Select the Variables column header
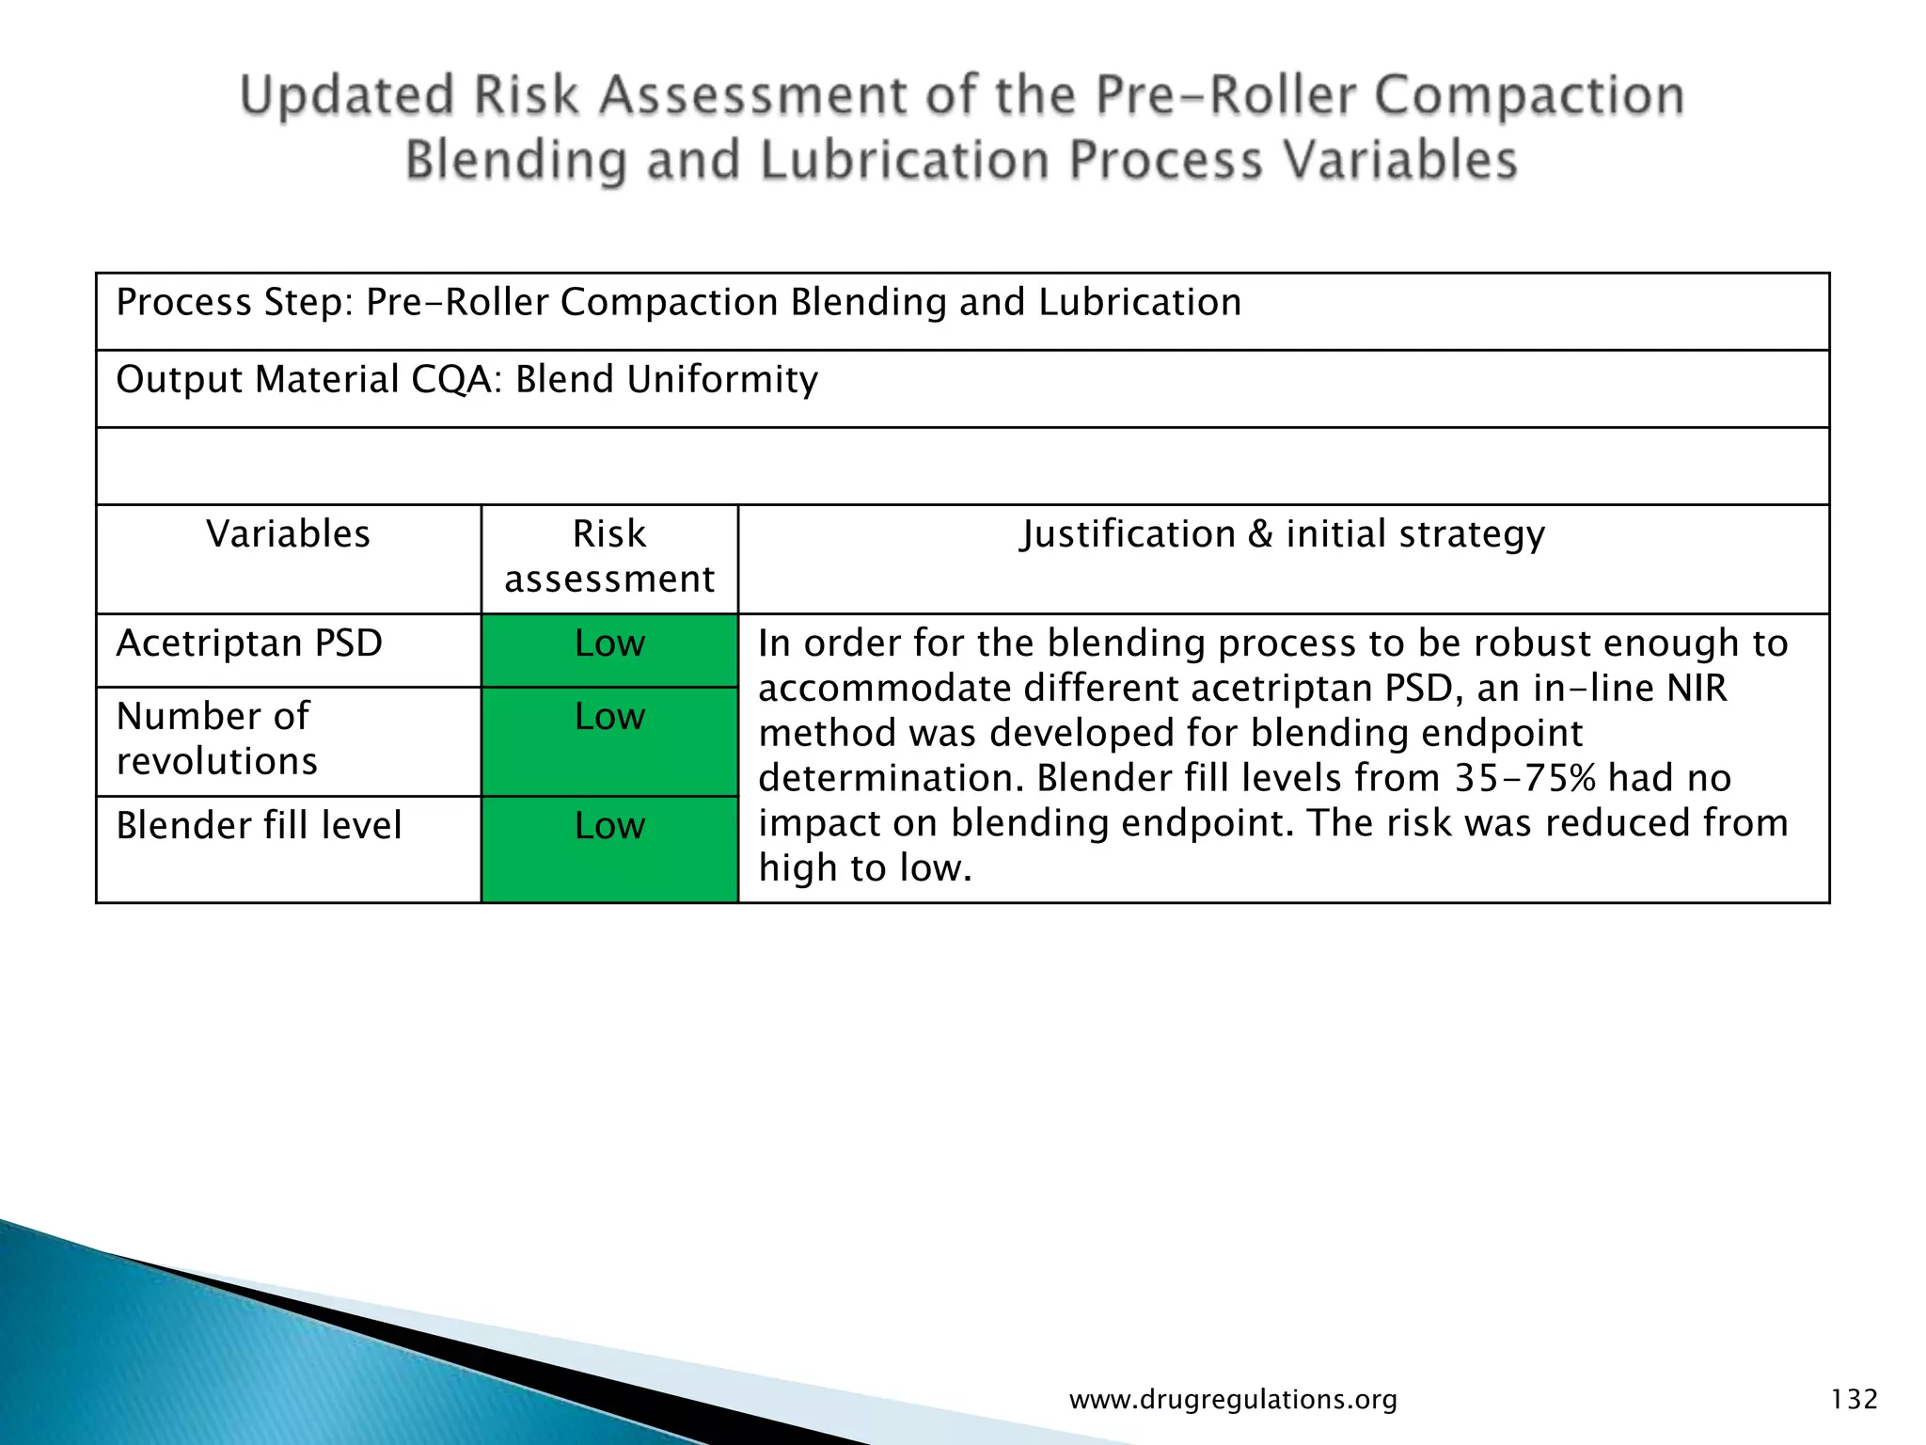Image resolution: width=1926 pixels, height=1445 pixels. [x=288, y=534]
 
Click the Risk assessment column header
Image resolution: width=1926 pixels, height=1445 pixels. [x=609, y=556]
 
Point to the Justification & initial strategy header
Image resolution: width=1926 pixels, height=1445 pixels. [x=1283, y=534]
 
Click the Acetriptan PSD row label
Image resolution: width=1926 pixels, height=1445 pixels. [x=249, y=643]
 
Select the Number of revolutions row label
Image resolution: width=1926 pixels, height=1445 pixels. [x=217, y=738]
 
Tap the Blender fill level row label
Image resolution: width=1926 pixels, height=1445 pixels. [x=259, y=826]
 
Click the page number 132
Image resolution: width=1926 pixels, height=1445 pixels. [x=1854, y=1400]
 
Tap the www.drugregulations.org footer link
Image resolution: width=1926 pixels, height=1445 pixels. [x=1233, y=1400]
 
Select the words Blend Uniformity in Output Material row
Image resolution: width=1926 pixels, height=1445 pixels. [x=667, y=380]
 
